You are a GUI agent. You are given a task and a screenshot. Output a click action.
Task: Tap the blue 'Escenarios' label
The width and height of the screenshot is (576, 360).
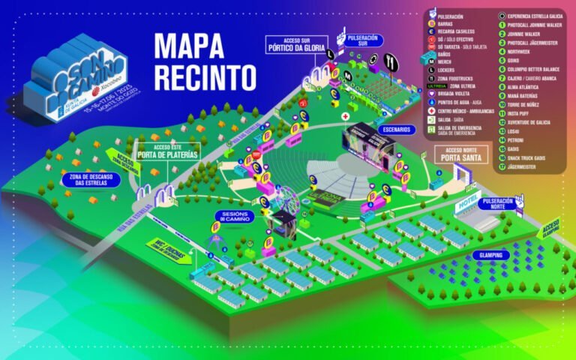pos(396,128)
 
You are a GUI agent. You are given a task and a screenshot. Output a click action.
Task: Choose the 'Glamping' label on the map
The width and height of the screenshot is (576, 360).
pos(491,255)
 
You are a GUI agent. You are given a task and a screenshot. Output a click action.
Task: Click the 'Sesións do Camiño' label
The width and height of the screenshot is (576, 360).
pos(235,217)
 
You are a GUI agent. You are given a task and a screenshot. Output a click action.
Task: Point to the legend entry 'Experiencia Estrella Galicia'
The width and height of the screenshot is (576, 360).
pos(532,14)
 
